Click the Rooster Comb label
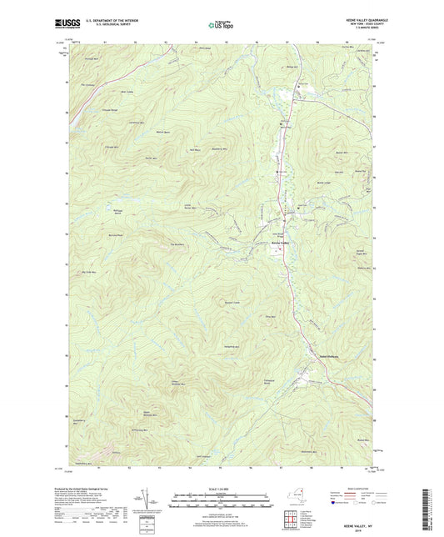tap(232, 301)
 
